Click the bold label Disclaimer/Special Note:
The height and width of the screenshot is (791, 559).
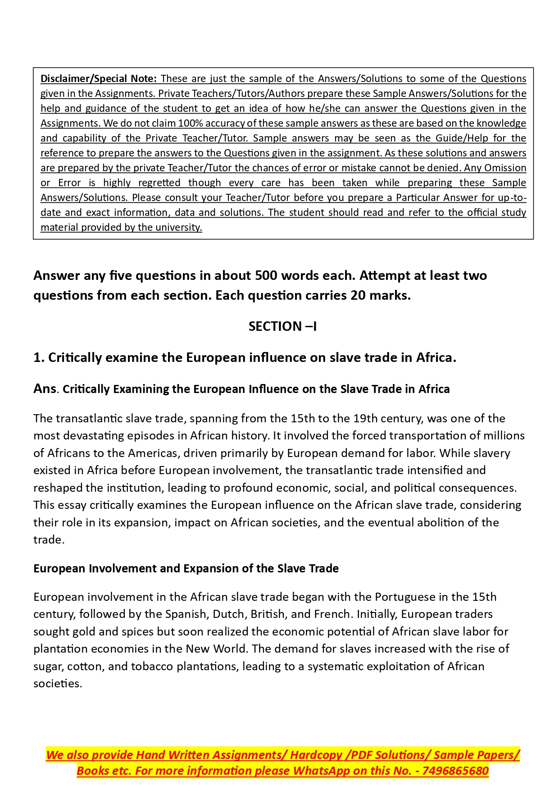click(x=99, y=78)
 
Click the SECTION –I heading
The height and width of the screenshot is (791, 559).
click(x=282, y=326)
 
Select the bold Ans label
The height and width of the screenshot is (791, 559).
click(x=45, y=389)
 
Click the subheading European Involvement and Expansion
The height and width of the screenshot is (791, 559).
click(x=186, y=568)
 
